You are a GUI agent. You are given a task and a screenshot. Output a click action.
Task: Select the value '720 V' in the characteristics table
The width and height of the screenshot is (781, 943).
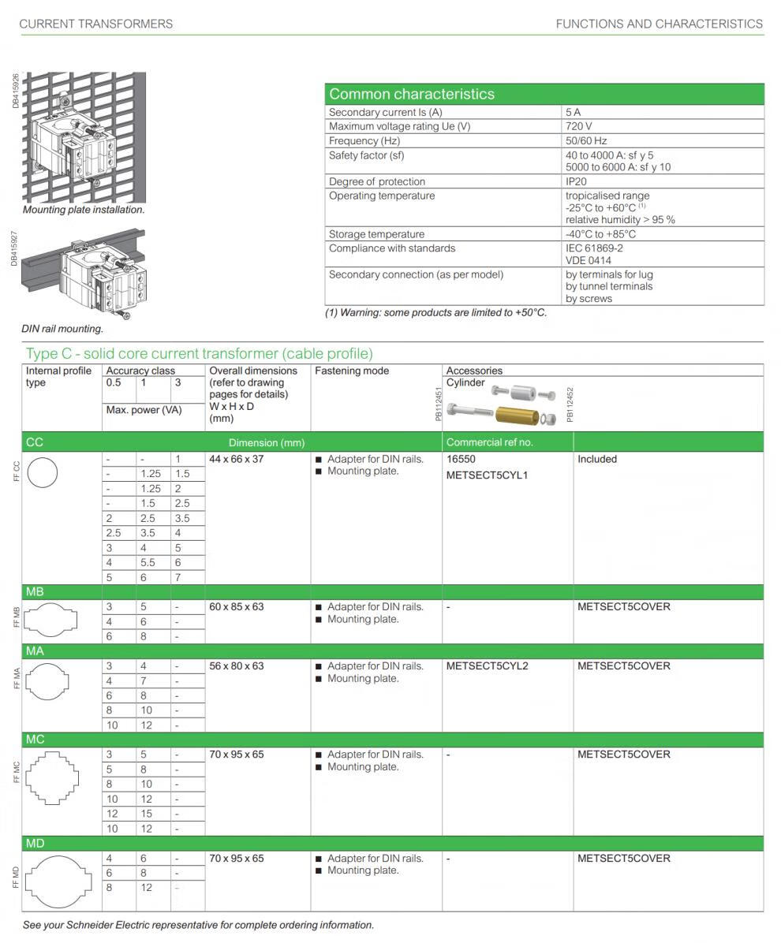(578, 126)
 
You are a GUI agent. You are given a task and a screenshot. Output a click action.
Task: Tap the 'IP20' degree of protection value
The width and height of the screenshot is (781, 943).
(576, 181)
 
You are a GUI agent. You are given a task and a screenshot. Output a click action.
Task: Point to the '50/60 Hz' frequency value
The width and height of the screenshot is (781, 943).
(585, 140)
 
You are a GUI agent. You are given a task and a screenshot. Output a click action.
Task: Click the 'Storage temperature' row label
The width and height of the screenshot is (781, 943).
(376, 234)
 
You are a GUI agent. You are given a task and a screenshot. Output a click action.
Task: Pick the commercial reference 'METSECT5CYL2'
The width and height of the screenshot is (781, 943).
(487, 666)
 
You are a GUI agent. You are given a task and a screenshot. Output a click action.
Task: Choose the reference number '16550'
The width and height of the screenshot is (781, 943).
(461, 459)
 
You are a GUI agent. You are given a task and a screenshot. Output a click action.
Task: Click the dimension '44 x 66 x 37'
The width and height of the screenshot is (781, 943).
(237, 459)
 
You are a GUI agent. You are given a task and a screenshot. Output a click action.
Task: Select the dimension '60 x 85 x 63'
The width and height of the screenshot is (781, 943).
(237, 607)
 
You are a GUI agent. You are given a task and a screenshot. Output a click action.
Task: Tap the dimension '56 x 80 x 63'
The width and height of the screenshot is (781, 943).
(237, 666)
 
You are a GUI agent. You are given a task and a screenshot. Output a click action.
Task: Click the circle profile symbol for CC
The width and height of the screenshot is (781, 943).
(43, 474)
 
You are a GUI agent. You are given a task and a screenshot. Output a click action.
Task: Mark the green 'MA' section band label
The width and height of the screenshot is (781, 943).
(35, 651)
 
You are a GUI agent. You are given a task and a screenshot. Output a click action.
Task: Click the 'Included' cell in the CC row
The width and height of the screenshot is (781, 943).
(597, 459)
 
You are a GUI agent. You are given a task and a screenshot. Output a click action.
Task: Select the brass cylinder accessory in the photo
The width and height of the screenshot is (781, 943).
(517, 414)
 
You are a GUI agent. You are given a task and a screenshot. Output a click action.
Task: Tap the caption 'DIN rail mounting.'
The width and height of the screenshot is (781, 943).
(62, 329)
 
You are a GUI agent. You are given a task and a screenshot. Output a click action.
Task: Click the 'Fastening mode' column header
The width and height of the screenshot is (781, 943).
(346, 371)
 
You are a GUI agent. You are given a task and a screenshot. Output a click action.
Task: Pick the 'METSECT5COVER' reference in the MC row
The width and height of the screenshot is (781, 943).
(623, 755)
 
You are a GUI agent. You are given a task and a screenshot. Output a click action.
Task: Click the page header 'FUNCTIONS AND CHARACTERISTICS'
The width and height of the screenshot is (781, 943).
(659, 24)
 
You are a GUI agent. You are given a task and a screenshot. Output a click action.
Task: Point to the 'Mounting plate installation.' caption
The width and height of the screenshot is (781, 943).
(84, 210)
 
